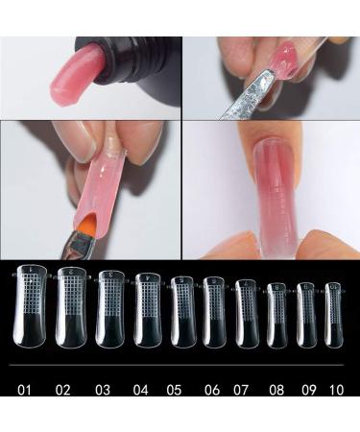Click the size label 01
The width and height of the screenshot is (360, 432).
click(x=24, y=390)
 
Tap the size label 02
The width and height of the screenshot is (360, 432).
click(x=62, y=390)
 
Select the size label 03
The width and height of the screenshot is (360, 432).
click(x=103, y=390)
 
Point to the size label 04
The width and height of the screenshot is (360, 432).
click(x=141, y=390)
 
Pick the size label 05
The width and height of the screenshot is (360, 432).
click(x=174, y=390)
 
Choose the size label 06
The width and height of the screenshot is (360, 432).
click(x=212, y=390)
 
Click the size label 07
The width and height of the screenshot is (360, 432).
click(x=241, y=390)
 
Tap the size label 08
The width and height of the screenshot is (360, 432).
click(x=276, y=390)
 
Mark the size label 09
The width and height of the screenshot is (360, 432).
click(x=309, y=390)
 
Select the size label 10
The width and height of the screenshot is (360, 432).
click(x=336, y=390)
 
